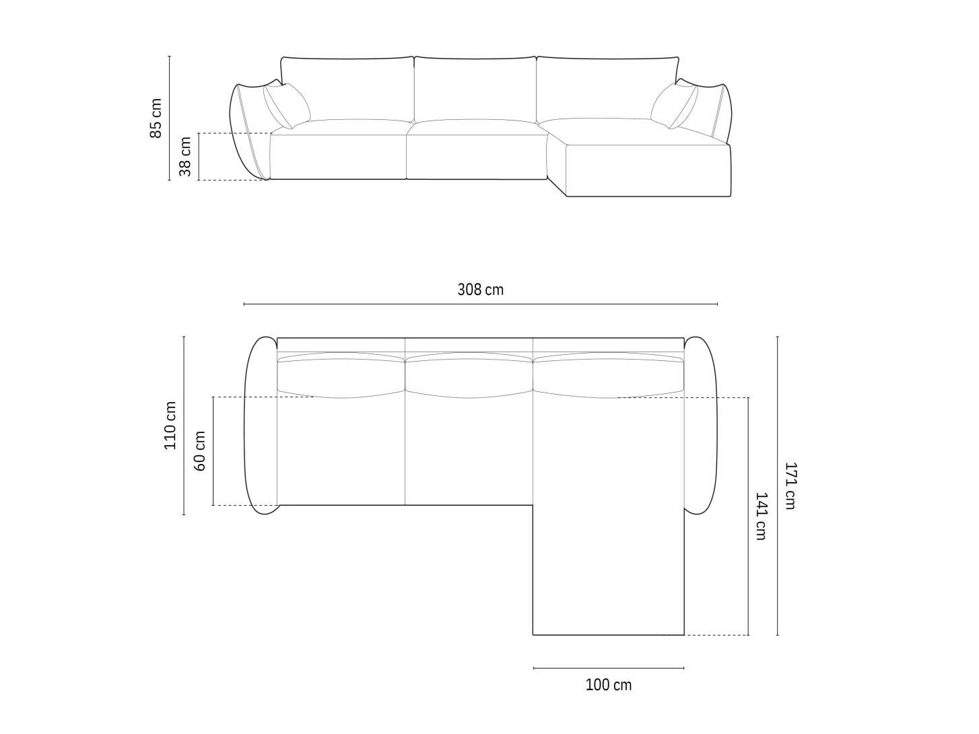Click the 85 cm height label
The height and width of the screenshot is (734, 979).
[x=156, y=118]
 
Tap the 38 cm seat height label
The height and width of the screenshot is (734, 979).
[x=185, y=156]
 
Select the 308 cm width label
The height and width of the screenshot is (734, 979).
[x=480, y=290]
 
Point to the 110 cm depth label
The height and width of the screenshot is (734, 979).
[x=170, y=426]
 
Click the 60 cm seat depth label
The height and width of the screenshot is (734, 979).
[x=199, y=451]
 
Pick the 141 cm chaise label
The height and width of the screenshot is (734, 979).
[x=761, y=516]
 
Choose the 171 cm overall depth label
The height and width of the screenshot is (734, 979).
[x=790, y=486]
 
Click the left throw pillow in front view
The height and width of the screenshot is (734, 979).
[x=286, y=106]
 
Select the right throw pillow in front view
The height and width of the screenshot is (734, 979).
[x=674, y=106]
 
